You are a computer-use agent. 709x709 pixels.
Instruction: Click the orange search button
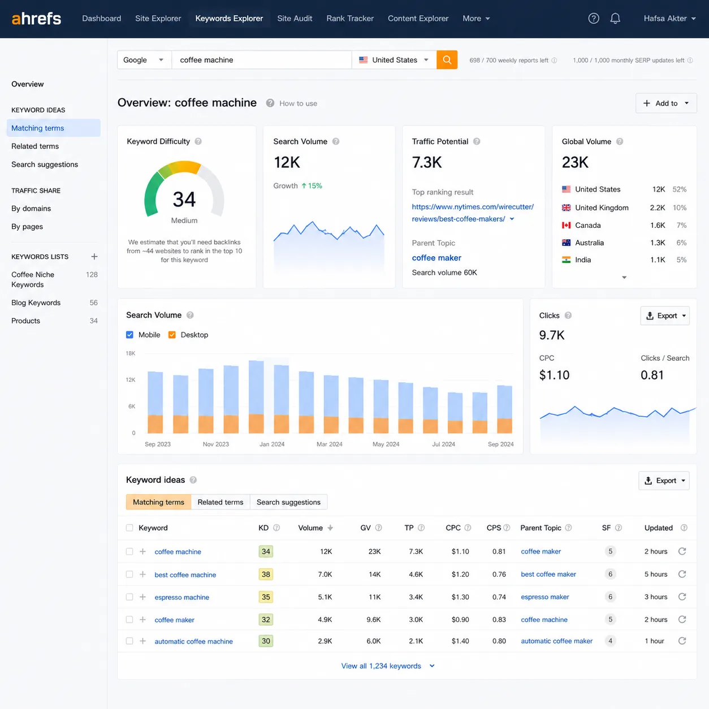coord(447,59)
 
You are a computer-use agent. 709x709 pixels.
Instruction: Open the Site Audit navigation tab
coord(295,19)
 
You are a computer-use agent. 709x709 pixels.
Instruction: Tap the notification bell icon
coord(615,19)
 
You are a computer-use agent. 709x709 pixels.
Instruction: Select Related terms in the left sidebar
coord(35,146)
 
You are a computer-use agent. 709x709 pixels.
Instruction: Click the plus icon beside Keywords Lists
coord(94,257)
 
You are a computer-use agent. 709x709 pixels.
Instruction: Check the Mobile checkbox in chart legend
coord(129,335)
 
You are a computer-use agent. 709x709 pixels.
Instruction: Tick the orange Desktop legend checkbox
coord(172,335)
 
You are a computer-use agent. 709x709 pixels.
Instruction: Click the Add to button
coord(666,103)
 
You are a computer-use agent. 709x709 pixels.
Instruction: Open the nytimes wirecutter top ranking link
coord(473,213)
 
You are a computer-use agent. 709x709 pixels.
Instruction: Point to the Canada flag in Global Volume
coord(567,225)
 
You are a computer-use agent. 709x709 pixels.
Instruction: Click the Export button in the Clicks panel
coord(665,315)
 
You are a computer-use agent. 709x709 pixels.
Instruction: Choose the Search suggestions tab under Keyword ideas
coord(288,502)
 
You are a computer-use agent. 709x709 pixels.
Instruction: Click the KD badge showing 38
coord(266,574)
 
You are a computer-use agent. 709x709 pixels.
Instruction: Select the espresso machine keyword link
coord(181,597)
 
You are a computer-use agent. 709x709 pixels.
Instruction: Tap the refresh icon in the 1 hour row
coord(682,641)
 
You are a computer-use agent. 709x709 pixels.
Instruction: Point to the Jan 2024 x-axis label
coord(272,444)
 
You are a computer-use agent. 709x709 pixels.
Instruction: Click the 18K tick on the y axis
coord(131,353)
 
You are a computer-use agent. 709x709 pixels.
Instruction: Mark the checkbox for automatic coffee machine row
coord(129,641)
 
